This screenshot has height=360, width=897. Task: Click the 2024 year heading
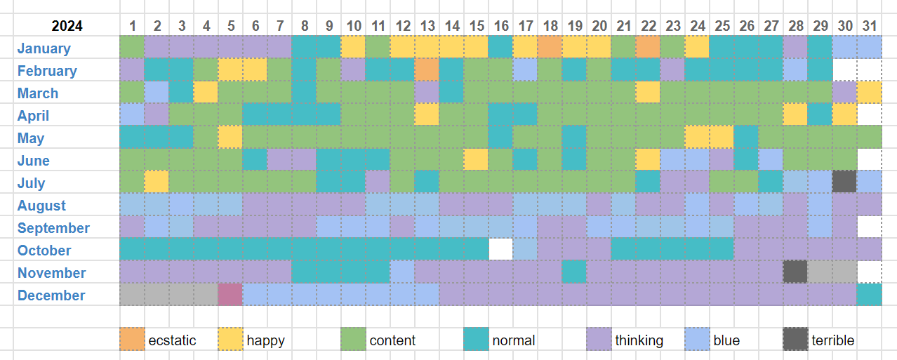67,26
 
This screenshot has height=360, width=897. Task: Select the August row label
42,206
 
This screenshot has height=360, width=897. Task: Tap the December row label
51,295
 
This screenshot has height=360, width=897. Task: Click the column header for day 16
501,26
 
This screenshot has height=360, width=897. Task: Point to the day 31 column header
870,26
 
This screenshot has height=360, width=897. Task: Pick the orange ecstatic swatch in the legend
132,340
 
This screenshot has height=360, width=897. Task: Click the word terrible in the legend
833,340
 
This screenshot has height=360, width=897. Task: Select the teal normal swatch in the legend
477,340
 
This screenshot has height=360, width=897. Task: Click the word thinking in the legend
639,340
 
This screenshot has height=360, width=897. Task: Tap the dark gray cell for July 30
845,182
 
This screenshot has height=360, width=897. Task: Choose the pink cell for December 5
230,295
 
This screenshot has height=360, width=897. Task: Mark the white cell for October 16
501,250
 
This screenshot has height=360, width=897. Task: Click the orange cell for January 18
550,48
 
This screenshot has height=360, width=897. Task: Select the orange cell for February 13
427,70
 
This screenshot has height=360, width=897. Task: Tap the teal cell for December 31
870,295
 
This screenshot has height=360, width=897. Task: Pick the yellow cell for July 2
157,182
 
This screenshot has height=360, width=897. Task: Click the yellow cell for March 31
870,93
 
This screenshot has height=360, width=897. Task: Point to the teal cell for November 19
575,272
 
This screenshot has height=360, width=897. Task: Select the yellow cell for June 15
477,160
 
